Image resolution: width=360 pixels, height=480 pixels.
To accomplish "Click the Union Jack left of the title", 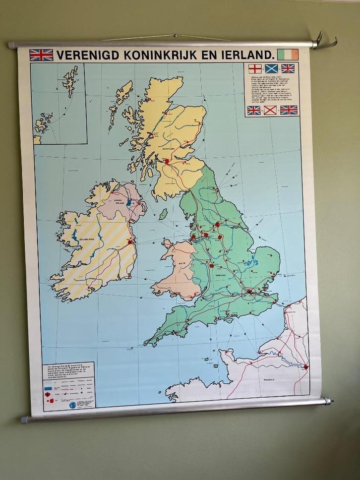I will [41, 55].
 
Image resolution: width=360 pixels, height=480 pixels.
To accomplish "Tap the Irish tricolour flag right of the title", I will [288, 55].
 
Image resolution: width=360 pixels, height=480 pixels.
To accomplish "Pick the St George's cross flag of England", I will [254, 68].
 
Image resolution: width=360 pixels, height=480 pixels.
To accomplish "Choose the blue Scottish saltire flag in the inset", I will [271, 68].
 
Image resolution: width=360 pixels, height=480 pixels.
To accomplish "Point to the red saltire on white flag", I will [270, 110].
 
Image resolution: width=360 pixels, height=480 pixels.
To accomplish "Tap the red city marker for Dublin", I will [130, 242].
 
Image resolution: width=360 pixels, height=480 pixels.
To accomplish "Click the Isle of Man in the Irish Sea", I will [162, 214].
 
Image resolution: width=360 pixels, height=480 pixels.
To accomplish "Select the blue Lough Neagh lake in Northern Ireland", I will [129, 203].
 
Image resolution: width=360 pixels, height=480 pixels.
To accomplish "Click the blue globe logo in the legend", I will [73, 405].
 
